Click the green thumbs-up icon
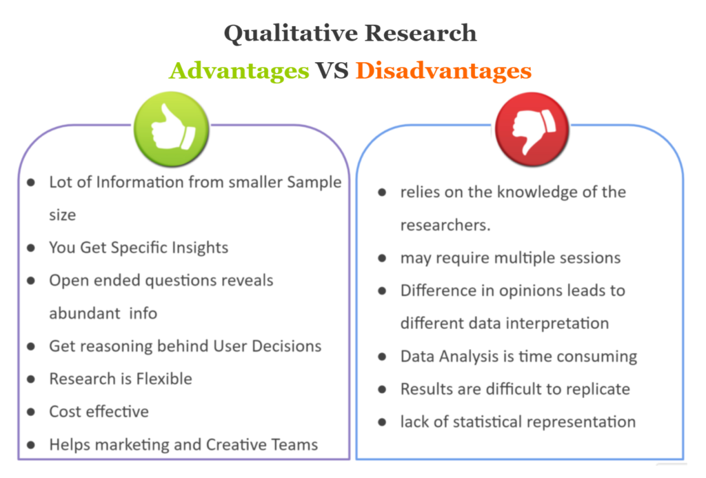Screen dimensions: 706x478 [171, 129]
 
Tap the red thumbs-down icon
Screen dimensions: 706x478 [532, 130]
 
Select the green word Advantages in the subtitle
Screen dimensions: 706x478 [239, 71]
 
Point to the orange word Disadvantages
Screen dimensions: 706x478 [443, 71]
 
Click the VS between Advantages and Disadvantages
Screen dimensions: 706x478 [332, 71]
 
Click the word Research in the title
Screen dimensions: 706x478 [421, 33]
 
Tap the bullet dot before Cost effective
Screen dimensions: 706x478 [31, 412]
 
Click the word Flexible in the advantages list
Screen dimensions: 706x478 [164, 379]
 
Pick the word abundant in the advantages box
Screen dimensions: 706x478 [85, 313]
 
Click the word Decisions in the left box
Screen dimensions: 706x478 [286, 346]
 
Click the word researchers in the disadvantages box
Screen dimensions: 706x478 [443, 225]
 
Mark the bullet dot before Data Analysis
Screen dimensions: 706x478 [382, 357]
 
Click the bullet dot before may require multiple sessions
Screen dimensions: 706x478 [382, 258]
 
